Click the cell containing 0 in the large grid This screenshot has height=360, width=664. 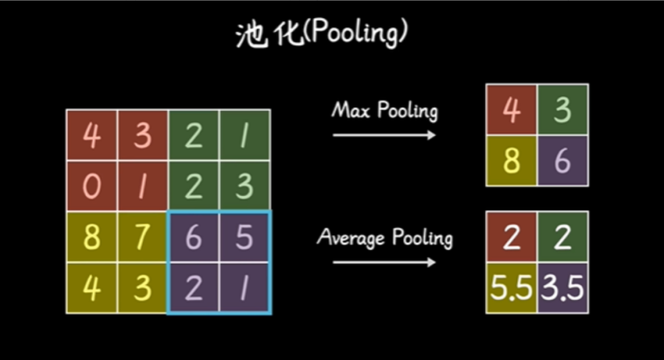click(92, 186)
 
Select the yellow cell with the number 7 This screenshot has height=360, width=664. click(143, 237)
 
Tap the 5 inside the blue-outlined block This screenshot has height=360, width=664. click(244, 237)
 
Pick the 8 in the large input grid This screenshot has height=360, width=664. click(92, 237)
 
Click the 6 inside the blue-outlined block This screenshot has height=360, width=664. click(193, 237)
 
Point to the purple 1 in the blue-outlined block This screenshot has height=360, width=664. click(244, 288)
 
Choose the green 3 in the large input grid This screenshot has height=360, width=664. click(244, 186)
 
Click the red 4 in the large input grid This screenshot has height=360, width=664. click(92, 135)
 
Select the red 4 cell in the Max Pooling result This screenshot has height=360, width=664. click(512, 110)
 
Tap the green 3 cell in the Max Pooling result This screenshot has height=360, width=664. click(563, 110)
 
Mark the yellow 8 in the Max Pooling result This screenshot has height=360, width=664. click(512, 161)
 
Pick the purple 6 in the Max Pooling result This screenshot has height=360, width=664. click(563, 161)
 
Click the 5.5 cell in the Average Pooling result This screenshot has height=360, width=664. click(512, 288)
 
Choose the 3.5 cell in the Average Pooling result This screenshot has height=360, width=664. click(563, 288)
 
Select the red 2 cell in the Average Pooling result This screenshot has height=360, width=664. click(512, 237)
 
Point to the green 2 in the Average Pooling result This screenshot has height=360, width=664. click(563, 237)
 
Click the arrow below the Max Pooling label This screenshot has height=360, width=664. click(384, 135)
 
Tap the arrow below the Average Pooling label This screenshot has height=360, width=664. click(384, 262)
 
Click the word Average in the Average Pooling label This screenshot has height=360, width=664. click(351, 238)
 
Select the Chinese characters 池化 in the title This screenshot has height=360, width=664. click(270, 34)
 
